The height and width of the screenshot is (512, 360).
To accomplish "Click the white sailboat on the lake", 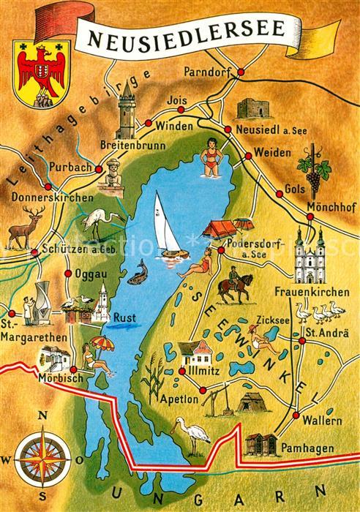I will [168, 227].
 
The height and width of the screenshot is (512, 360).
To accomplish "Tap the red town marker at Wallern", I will [296, 415].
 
